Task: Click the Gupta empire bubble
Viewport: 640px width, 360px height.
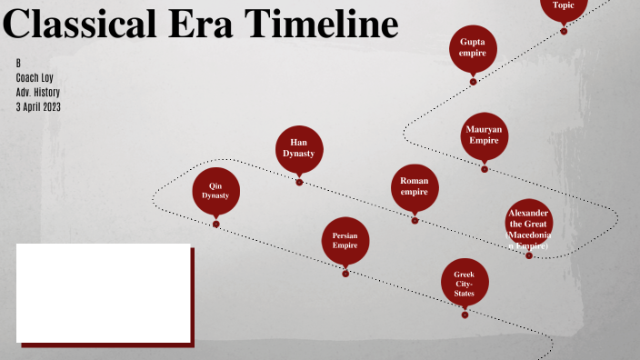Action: [473, 47]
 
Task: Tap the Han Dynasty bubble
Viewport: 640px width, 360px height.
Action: [299, 148]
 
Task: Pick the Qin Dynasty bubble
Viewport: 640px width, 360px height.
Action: [215, 190]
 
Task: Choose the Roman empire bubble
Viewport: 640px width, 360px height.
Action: [415, 186]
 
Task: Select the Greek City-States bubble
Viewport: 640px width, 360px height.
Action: [465, 282]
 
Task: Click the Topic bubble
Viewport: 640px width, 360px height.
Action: [564, 5]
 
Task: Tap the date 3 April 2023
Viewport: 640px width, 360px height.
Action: [38, 107]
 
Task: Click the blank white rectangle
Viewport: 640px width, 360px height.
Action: [103, 293]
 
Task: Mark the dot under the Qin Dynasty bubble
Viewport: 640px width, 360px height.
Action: [216, 224]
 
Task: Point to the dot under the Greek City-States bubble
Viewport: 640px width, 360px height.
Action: [465, 315]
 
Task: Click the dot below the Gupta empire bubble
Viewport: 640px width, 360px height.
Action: [473, 82]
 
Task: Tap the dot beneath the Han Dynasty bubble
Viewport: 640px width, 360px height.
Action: [299, 182]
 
